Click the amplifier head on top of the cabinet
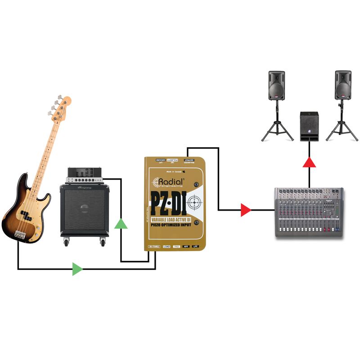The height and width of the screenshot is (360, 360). pyautogui.click(x=85, y=176)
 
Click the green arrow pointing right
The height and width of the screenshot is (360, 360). pyautogui.click(x=77, y=269)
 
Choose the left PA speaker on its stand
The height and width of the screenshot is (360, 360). pyautogui.click(x=277, y=85)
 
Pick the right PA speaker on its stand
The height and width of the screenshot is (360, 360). pyautogui.click(x=343, y=85)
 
